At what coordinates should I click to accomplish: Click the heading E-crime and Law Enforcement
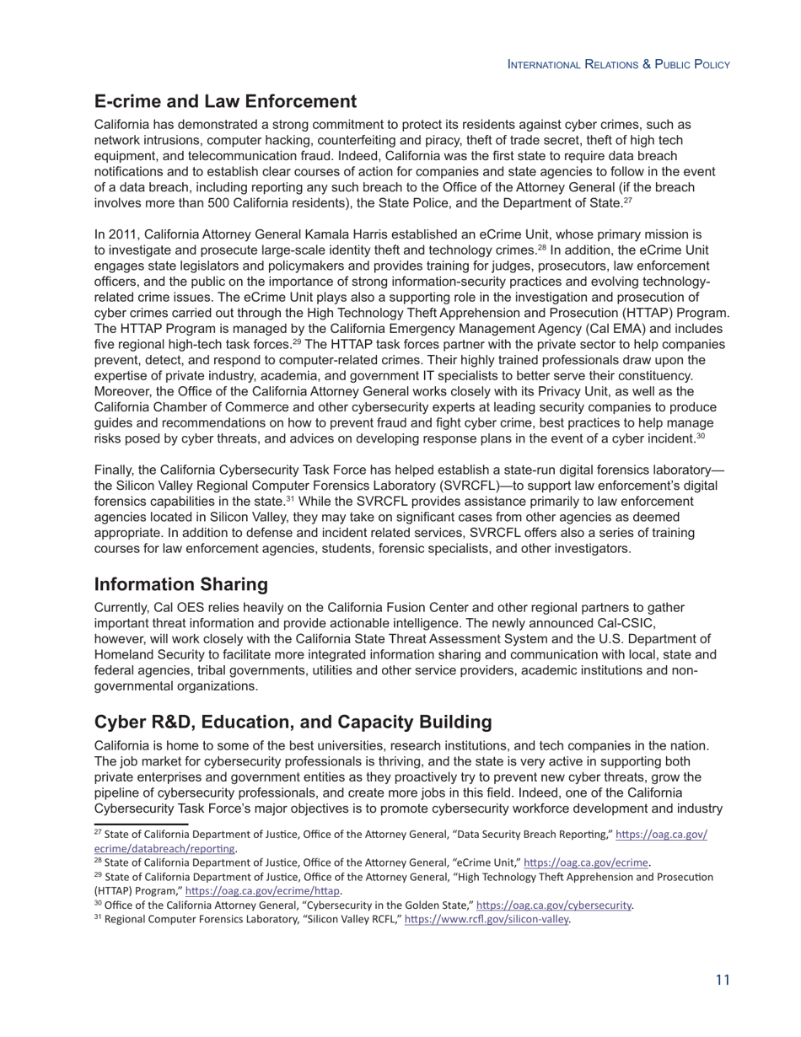coord(225,102)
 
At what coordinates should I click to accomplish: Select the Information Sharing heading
coord(180,584)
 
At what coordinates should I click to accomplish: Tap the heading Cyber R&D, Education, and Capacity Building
coord(293,723)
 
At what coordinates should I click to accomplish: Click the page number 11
coord(722,980)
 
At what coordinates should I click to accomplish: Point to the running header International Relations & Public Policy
coord(618,65)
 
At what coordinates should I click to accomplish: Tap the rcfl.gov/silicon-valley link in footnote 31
coord(487,920)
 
